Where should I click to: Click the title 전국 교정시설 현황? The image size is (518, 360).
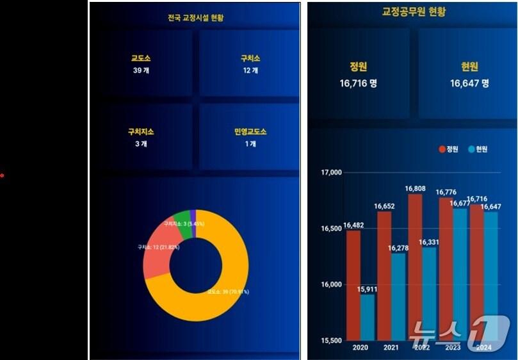[195, 18]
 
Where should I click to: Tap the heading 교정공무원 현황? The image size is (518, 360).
[414, 12]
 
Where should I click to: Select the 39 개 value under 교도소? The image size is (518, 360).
[142, 70]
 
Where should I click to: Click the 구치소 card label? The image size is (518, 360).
[250, 58]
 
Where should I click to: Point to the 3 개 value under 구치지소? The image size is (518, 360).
[142, 144]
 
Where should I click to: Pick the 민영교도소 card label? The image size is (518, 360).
[250, 132]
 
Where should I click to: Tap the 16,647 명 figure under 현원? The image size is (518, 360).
[469, 83]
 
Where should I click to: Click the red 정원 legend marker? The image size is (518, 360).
[442, 149]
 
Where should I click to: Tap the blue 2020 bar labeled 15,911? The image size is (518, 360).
[368, 317]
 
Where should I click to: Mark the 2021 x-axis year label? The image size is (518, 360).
[390, 348]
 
